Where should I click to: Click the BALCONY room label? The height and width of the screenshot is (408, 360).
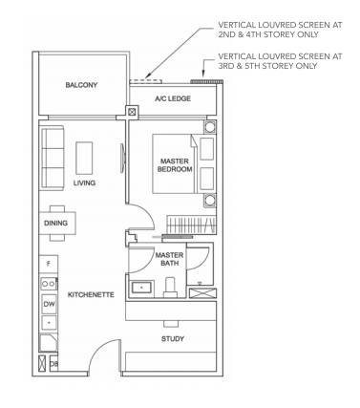tap(81, 85)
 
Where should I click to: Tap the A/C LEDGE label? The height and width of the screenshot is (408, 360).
tap(173, 98)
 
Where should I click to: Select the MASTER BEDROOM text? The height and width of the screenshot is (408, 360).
tap(175, 165)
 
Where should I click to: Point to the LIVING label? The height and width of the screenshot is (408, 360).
tap(84, 183)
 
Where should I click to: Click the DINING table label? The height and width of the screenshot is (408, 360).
tap(55, 223)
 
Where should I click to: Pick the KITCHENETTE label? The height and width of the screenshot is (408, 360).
tap(91, 294)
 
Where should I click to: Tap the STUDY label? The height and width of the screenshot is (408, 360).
tap(173, 339)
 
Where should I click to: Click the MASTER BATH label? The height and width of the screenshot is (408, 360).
tap(169, 259)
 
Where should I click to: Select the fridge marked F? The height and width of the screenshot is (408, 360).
tap(49, 264)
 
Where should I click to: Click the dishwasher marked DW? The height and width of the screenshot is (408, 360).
tap(49, 304)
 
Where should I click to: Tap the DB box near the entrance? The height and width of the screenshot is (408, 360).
tap(53, 363)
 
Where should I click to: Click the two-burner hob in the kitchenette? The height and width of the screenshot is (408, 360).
tap(49, 284)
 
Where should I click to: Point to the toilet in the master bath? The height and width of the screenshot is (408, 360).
tap(170, 287)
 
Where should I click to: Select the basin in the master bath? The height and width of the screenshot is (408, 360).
tap(141, 289)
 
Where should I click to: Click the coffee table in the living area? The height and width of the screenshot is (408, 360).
tap(84, 158)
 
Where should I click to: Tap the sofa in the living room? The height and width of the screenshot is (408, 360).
tap(52, 158)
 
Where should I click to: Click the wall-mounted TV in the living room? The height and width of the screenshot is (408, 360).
tap(122, 159)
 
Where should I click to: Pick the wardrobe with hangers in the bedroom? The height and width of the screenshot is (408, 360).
tap(192, 225)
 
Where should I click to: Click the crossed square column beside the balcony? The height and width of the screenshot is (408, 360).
tap(132, 112)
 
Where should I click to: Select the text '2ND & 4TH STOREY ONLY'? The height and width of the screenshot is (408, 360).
tap(268, 34)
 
